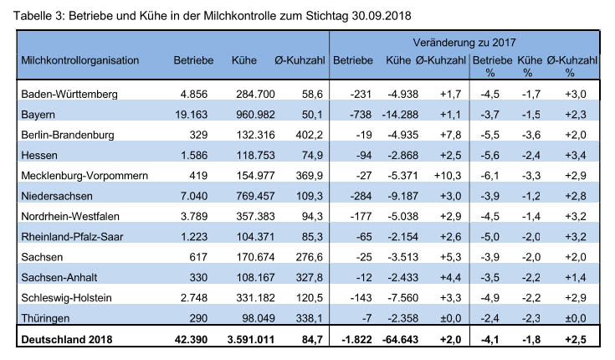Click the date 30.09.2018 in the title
(382, 16)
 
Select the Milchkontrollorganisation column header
(80, 60)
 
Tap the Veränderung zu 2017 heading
(464, 43)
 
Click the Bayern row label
(38, 115)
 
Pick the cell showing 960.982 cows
(255, 115)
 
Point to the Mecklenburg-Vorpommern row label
(85, 176)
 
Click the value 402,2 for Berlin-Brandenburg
(309, 135)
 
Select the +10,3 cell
(448, 176)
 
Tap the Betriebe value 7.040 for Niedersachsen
(194, 196)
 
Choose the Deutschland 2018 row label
(67, 340)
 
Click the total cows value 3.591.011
(251, 340)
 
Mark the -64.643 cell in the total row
(401, 340)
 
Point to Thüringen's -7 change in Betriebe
(366, 318)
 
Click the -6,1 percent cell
(489, 176)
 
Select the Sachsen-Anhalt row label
(59, 278)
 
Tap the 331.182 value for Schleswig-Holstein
(255, 297)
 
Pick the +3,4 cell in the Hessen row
(576, 155)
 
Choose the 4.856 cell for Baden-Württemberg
(194, 95)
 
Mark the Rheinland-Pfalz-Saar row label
(72, 237)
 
